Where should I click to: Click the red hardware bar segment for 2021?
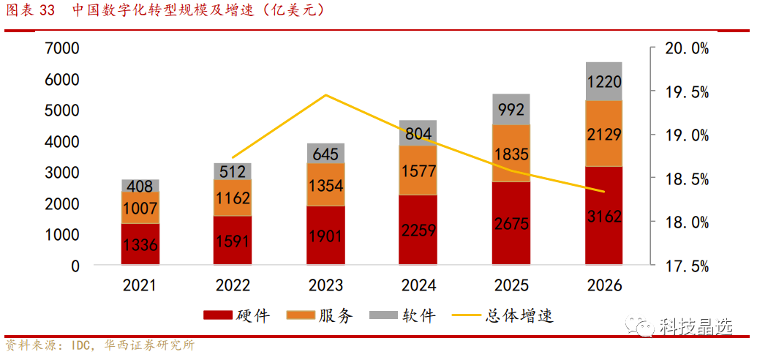[140, 244]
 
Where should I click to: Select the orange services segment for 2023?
[325, 184]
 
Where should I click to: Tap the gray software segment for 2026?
[603, 81]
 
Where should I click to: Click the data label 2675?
[511, 224]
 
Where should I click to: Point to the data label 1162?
[233, 198]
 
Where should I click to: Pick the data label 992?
[511, 110]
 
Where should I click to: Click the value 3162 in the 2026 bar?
[604, 216]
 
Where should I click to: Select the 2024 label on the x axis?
[418, 285]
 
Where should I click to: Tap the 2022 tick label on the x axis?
[233, 285]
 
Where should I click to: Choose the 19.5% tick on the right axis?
[685, 92]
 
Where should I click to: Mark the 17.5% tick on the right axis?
[685, 266]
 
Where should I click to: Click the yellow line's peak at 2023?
[325, 95]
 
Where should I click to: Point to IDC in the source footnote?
[82, 345]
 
